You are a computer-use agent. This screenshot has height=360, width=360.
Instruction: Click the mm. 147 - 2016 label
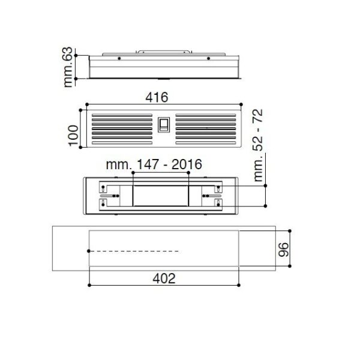(x=153, y=164)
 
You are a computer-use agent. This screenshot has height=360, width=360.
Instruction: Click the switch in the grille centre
(x=164, y=127)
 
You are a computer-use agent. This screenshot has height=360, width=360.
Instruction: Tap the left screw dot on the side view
(x=119, y=59)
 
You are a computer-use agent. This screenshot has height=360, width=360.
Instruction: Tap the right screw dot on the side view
(x=209, y=59)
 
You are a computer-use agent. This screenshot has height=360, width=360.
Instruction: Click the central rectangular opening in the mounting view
(x=161, y=196)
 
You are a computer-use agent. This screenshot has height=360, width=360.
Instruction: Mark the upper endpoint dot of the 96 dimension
(x=290, y=231)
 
